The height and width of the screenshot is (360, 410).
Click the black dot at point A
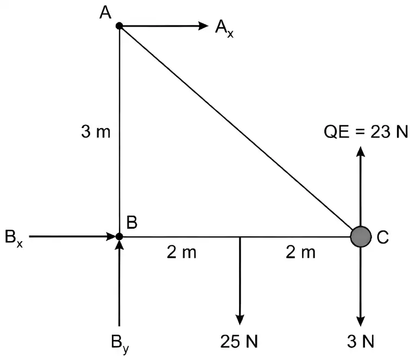point(119,26)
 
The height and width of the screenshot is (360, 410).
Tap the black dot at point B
point(119,237)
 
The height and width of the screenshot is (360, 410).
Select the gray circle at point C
point(361,237)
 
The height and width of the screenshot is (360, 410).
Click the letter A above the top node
point(105,12)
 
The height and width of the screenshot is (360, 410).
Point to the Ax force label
point(224,29)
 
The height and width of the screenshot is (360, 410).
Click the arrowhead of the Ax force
point(204,26)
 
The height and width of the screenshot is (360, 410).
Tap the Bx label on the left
point(14,238)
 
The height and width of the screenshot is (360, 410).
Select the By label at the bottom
point(120,344)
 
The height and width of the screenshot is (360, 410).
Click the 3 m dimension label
point(96,131)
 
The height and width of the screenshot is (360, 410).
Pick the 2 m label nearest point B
point(181,252)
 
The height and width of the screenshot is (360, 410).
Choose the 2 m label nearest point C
point(301,252)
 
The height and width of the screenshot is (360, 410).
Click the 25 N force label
point(239,342)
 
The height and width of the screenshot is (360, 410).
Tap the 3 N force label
point(361,342)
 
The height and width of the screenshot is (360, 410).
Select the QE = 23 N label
point(366,131)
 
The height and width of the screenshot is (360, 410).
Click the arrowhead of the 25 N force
point(240,320)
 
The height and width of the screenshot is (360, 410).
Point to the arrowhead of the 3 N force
point(361,321)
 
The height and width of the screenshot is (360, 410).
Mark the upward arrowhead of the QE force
point(361,151)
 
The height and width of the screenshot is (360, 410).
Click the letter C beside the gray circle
point(383,237)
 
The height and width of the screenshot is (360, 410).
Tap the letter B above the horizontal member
point(132,223)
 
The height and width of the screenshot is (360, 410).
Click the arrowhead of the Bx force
point(111,237)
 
